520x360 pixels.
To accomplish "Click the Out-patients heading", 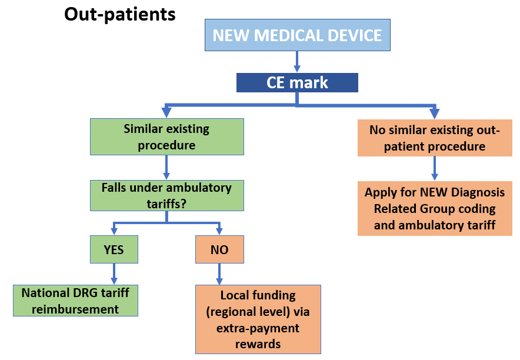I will [119, 14].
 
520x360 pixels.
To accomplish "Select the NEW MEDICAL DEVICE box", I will [297, 35].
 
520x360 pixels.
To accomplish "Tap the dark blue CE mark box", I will [297, 82].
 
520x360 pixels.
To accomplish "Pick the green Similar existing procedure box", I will [166, 137].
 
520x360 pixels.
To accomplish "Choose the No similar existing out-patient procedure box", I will [435, 138].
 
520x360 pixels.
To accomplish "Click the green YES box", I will [114, 249].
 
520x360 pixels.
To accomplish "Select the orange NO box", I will [219, 249].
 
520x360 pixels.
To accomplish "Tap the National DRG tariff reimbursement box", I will [75, 301].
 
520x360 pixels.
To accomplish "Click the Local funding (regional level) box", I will [258, 319].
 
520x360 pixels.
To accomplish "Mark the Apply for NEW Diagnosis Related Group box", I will [435, 209].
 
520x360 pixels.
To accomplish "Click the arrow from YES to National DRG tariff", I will [114, 274].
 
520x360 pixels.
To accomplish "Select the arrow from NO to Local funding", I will [219, 274].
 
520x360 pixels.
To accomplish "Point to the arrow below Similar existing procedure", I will [166, 168].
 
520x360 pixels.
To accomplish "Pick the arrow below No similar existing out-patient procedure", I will [435, 168].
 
